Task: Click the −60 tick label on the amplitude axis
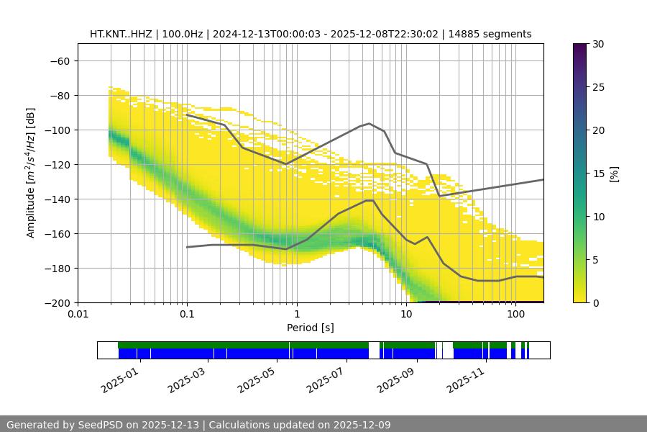click(59, 60)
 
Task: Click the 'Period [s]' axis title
click(311, 328)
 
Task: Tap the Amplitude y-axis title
click(31, 173)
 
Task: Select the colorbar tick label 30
click(597, 44)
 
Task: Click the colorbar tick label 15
click(597, 174)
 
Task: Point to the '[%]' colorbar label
click(614, 174)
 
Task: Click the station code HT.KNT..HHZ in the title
click(125, 34)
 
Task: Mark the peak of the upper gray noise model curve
click(370, 123)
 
